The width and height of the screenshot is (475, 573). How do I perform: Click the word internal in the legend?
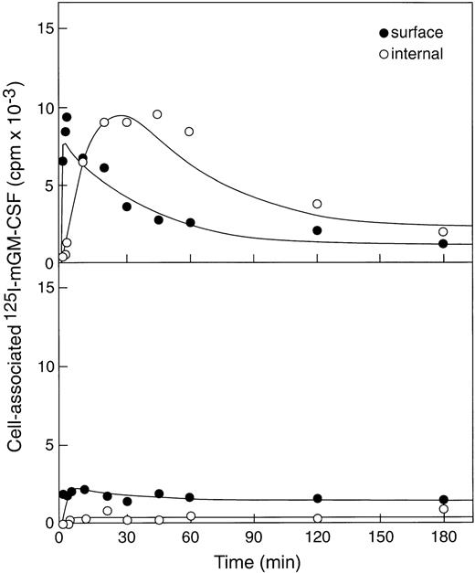click(417, 54)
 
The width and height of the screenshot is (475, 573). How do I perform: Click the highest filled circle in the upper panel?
click(67, 117)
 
